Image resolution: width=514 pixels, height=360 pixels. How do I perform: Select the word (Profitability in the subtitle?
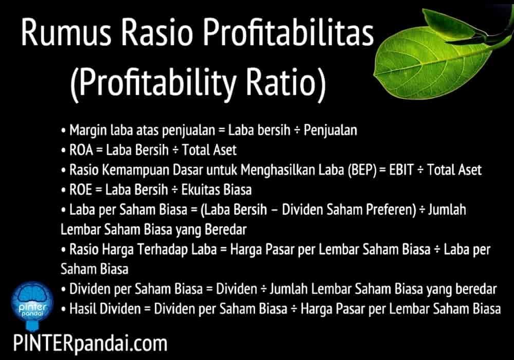click(153, 83)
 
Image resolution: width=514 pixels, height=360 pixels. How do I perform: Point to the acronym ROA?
click(81, 150)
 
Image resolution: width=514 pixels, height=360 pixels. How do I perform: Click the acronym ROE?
click(81, 190)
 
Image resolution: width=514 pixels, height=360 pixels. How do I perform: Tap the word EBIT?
click(401, 170)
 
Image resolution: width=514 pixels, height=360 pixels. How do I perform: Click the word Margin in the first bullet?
click(88, 131)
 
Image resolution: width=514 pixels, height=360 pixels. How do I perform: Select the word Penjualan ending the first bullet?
click(330, 131)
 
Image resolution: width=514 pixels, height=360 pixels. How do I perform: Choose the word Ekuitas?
click(200, 190)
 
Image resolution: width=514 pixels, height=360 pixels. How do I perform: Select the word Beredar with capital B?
click(225, 230)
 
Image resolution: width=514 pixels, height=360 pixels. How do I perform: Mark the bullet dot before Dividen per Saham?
click(64, 290)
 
